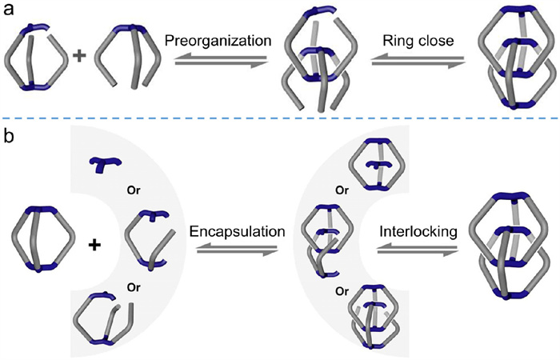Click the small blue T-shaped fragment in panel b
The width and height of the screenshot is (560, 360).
pyautogui.click(x=105, y=164)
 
